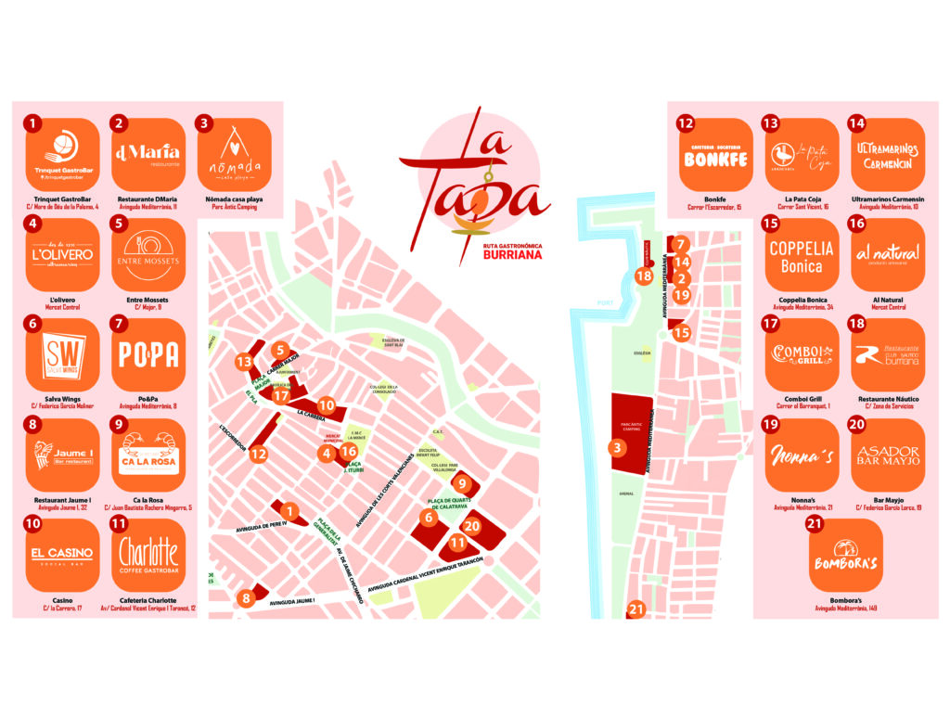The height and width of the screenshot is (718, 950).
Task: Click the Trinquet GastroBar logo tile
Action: tap(63, 153)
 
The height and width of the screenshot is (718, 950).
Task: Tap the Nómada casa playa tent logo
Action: tap(234, 153)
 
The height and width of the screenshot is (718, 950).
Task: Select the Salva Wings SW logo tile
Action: tap(63, 353)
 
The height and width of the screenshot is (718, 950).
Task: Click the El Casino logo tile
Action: tap(63, 554)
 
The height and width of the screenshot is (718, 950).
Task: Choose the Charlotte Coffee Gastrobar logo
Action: tap(148, 554)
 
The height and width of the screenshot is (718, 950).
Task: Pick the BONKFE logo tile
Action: tap(715, 153)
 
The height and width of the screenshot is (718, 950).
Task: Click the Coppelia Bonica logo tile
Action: tap(801, 253)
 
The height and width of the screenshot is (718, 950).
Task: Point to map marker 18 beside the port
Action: tap(644, 276)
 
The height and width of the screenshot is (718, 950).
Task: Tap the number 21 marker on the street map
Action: tap(635, 609)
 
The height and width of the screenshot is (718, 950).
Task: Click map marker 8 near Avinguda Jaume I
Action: tap(246, 598)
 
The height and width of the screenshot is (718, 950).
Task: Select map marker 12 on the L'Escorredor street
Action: tap(259, 455)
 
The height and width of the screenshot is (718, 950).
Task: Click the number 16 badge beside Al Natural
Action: tap(856, 223)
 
